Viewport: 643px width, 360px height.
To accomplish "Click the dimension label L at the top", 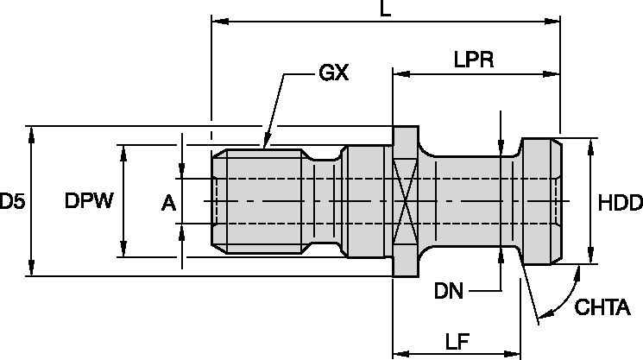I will click(x=385, y=10).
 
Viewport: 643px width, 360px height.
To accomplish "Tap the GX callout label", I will click(x=333, y=73).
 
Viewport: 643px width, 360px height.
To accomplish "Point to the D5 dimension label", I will click(x=12, y=203).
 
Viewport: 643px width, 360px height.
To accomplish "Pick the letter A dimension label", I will click(x=168, y=203).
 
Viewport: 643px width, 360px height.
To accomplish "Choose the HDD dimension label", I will click(x=620, y=203).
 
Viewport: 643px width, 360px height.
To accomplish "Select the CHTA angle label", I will click(x=609, y=308).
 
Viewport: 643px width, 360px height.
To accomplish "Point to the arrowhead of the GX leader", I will click(x=265, y=145).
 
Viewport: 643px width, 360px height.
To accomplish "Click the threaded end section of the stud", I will click(x=259, y=201).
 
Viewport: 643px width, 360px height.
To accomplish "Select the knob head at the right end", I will click(x=539, y=201).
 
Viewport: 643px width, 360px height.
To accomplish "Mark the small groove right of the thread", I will click(x=325, y=201).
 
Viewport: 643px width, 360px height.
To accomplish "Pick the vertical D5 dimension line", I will click(x=32, y=201).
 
